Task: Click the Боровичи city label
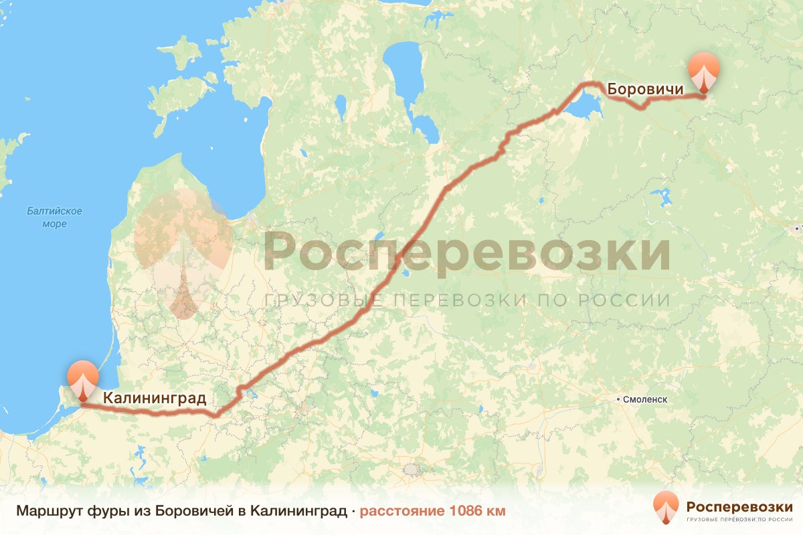[645, 89]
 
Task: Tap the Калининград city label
[153, 399]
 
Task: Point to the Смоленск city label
[645, 399]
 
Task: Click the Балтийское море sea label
[55, 217]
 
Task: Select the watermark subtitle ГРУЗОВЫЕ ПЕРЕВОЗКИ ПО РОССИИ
[467, 300]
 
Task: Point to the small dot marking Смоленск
[618, 399]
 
